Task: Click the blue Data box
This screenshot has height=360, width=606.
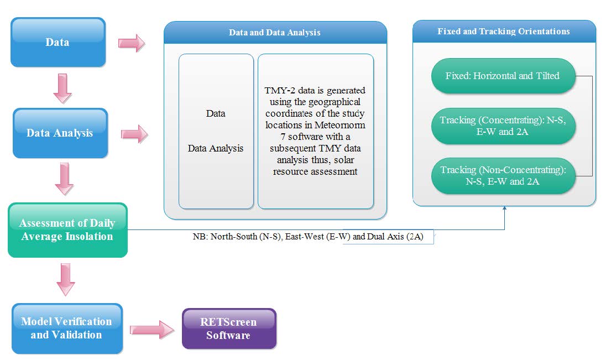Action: (58, 42)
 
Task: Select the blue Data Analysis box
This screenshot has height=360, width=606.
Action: (60, 133)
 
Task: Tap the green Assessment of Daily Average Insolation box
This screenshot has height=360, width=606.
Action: (67, 230)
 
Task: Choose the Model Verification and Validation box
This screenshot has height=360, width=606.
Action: (67, 328)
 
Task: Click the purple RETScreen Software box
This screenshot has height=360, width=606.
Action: (229, 328)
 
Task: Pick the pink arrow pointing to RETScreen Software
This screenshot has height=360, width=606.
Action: (152, 330)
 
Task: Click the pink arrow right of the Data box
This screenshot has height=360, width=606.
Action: (132, 43)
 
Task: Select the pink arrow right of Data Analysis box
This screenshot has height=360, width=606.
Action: (134, 134)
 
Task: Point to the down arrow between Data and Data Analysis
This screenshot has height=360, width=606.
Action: (62, 88)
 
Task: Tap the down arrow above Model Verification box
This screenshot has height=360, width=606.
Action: (66, 280)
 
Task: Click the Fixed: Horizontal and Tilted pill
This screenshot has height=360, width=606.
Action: (503, 76)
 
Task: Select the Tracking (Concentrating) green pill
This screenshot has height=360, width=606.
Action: (503, 126)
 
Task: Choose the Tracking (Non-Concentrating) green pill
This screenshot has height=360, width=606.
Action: (503, 176)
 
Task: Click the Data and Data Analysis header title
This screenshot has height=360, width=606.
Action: (274, 33)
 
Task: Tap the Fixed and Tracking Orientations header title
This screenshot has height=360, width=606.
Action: (504, 32)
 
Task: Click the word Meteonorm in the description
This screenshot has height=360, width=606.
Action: (339, 125)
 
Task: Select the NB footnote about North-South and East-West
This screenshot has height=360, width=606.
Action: (308, 237)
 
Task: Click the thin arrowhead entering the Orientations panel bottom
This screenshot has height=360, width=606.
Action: (504, 208)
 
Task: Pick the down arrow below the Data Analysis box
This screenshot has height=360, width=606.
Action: (64, 179)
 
